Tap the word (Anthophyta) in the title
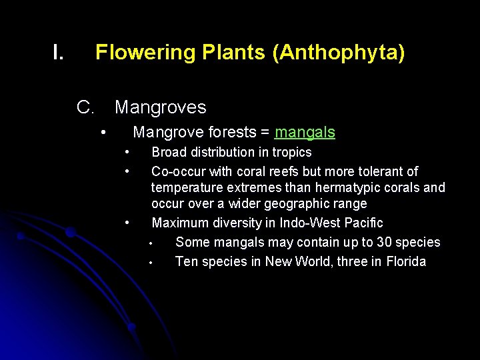338,53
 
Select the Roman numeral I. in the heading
58,53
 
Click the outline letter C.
84,107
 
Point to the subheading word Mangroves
161,107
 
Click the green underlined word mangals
305,133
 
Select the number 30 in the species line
385,242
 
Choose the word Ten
185,261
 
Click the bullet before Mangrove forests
103,133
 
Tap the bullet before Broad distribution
127,153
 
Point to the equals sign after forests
265,133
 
